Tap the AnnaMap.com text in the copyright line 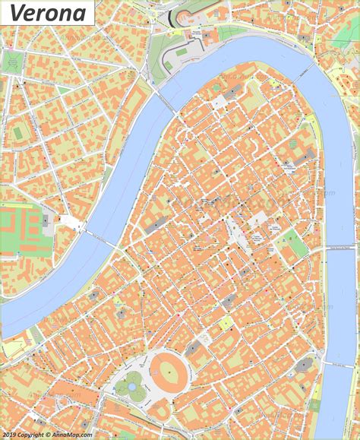(x=72, y=435)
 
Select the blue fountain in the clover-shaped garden (x=132, y=387)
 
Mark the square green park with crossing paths (x=13, y=62)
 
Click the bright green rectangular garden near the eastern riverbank (x=298, y=248)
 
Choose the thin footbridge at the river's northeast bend (x=305, y=68)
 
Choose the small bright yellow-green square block (x=225, y=322)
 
